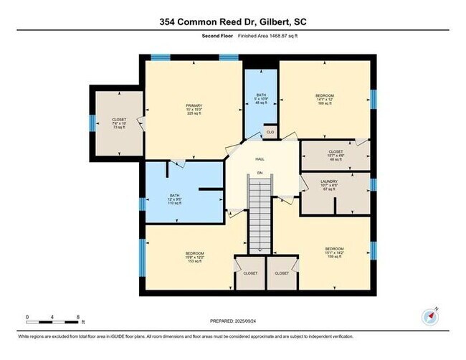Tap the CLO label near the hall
270,132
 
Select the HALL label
261,160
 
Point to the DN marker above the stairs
260,174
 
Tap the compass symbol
430,316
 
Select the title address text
233,22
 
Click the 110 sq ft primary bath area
175,204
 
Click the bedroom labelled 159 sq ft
334,257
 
